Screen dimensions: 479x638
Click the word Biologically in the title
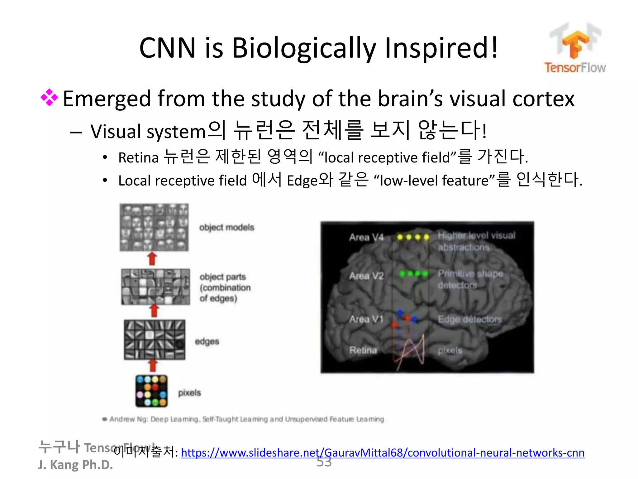point(304,48)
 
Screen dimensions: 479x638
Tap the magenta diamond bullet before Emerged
point(49,98)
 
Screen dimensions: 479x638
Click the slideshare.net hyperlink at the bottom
point(383,452)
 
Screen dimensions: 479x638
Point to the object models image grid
point(154,227)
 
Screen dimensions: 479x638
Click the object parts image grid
point(155,287)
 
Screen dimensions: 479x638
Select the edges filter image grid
point(155,340)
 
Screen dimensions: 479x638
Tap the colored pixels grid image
point(151,391)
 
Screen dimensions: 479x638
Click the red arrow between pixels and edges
point(153,365)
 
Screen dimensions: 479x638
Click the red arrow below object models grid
point(152,259)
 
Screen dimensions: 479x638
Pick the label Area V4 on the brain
point(366,237)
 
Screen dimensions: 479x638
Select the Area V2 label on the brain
point(366,276)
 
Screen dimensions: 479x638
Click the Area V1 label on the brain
point(366,319)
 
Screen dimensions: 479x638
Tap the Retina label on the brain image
point(363,350)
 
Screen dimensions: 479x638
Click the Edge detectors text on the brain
point(469,319)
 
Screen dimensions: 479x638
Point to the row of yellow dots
point(413,237)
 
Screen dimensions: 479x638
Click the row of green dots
point(414,274)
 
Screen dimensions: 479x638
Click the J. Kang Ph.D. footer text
point(75,465)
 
